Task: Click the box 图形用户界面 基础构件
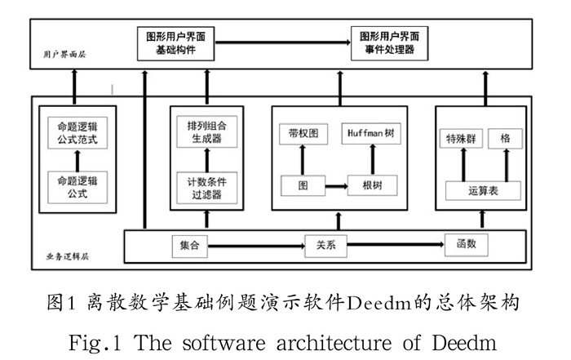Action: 177,44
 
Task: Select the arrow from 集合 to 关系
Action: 255,244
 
